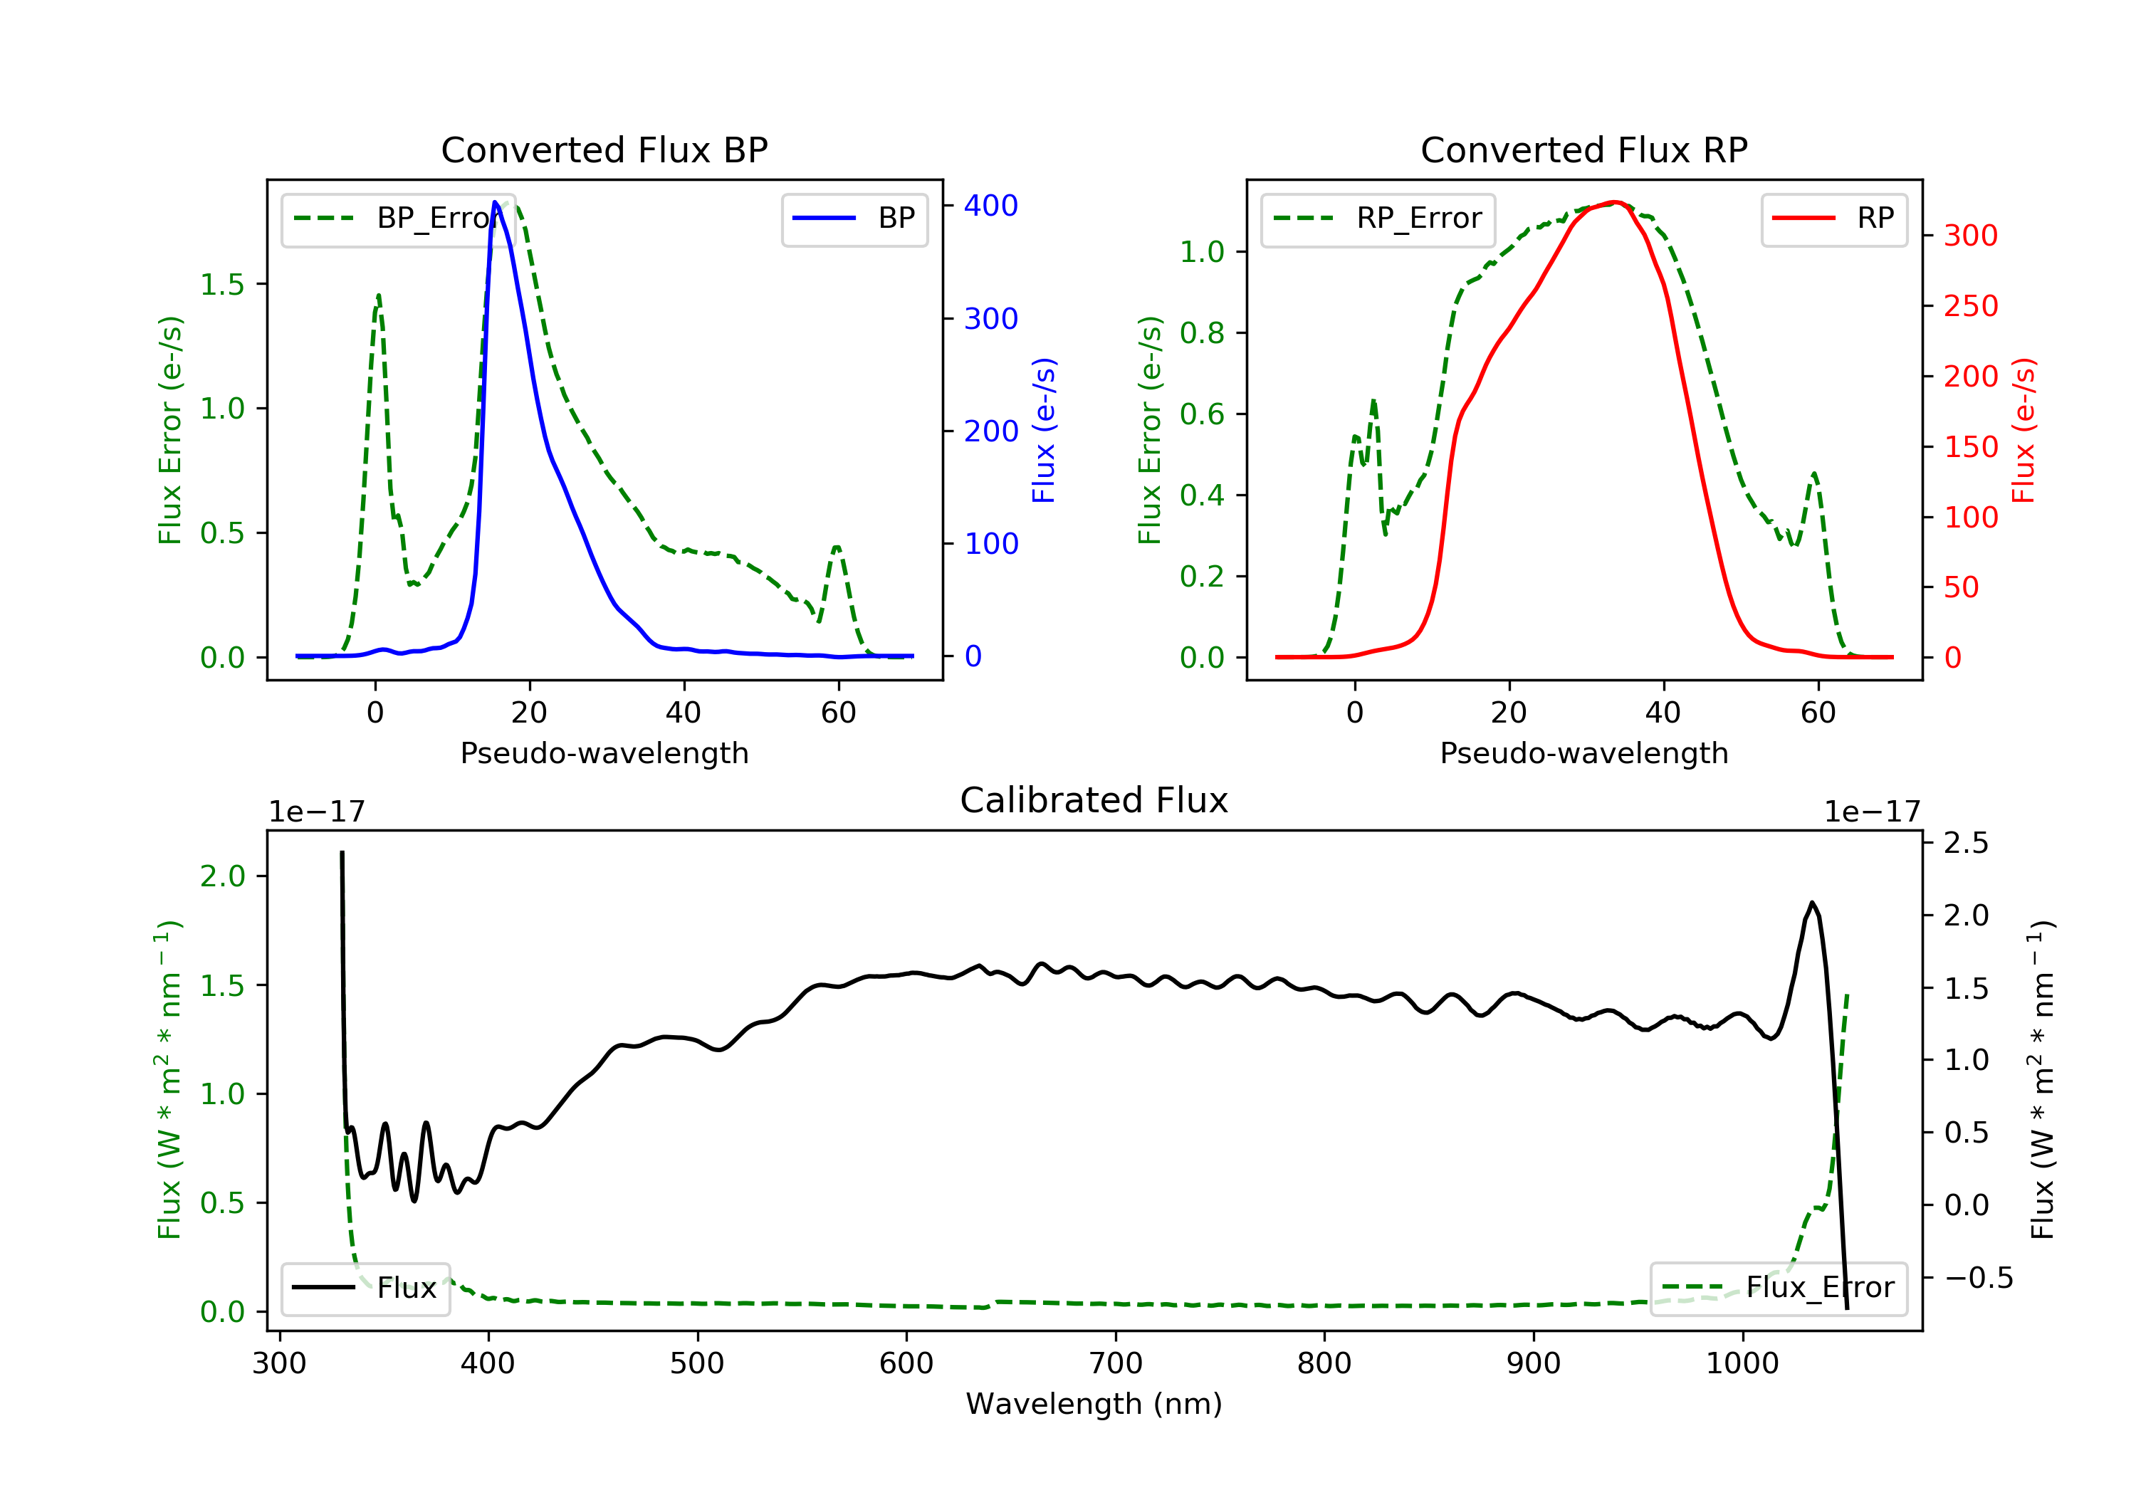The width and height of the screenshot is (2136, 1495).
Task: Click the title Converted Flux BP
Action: click(604, 149)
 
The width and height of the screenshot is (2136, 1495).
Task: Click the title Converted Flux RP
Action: click(1583, 149)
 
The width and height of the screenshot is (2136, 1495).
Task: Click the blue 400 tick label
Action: click(991, 206)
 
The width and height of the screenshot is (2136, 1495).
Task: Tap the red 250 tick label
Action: click(1970, 306)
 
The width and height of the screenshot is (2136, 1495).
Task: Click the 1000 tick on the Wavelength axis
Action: click(1742, 1364)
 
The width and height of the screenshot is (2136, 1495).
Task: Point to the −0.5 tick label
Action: click(1978, 1279)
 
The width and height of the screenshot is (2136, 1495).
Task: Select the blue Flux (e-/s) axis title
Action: click(1044, 430)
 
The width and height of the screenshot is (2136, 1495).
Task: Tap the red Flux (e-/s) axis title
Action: click(2024, 430)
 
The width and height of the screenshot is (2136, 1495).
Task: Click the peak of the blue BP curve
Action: click(495, 202)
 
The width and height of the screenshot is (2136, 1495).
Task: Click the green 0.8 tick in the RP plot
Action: click(1201, 333)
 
